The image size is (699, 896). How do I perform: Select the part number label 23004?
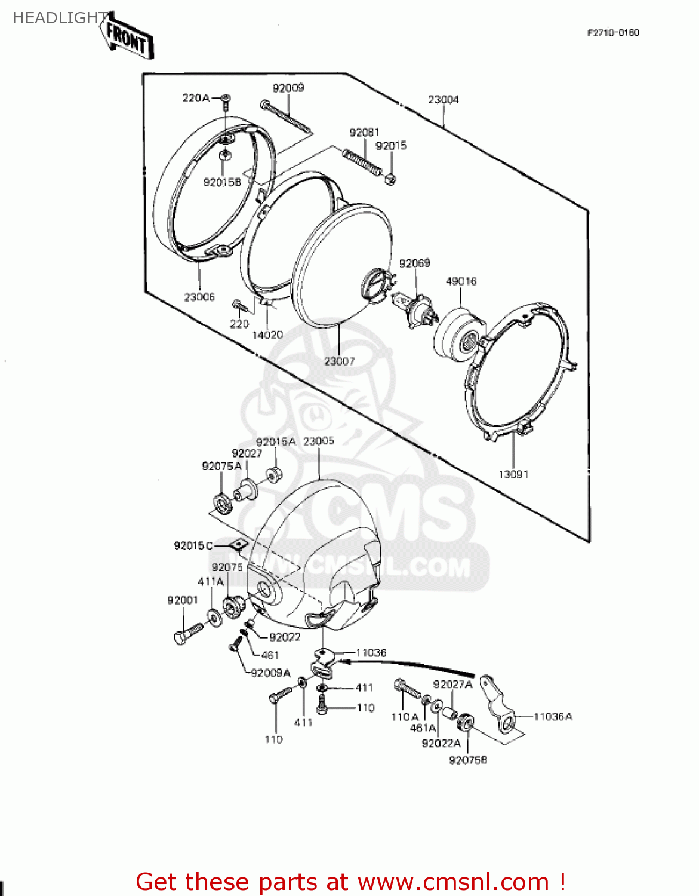click(443, 100)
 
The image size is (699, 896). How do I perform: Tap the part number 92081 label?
click(364, 132)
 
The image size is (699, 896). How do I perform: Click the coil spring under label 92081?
click(362, 162)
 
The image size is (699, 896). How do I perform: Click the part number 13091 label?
click(513, 474)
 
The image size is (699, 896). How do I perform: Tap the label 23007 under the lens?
click(339, 361)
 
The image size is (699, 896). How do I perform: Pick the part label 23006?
click(199, 297)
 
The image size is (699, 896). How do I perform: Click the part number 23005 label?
click(319, 441)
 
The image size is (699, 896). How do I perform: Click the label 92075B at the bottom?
click(468, 760)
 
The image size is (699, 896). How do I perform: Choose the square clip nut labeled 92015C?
click(238, 545)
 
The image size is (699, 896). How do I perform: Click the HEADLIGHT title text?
click(58, 18)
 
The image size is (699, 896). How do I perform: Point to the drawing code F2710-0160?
click(613, 33)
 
